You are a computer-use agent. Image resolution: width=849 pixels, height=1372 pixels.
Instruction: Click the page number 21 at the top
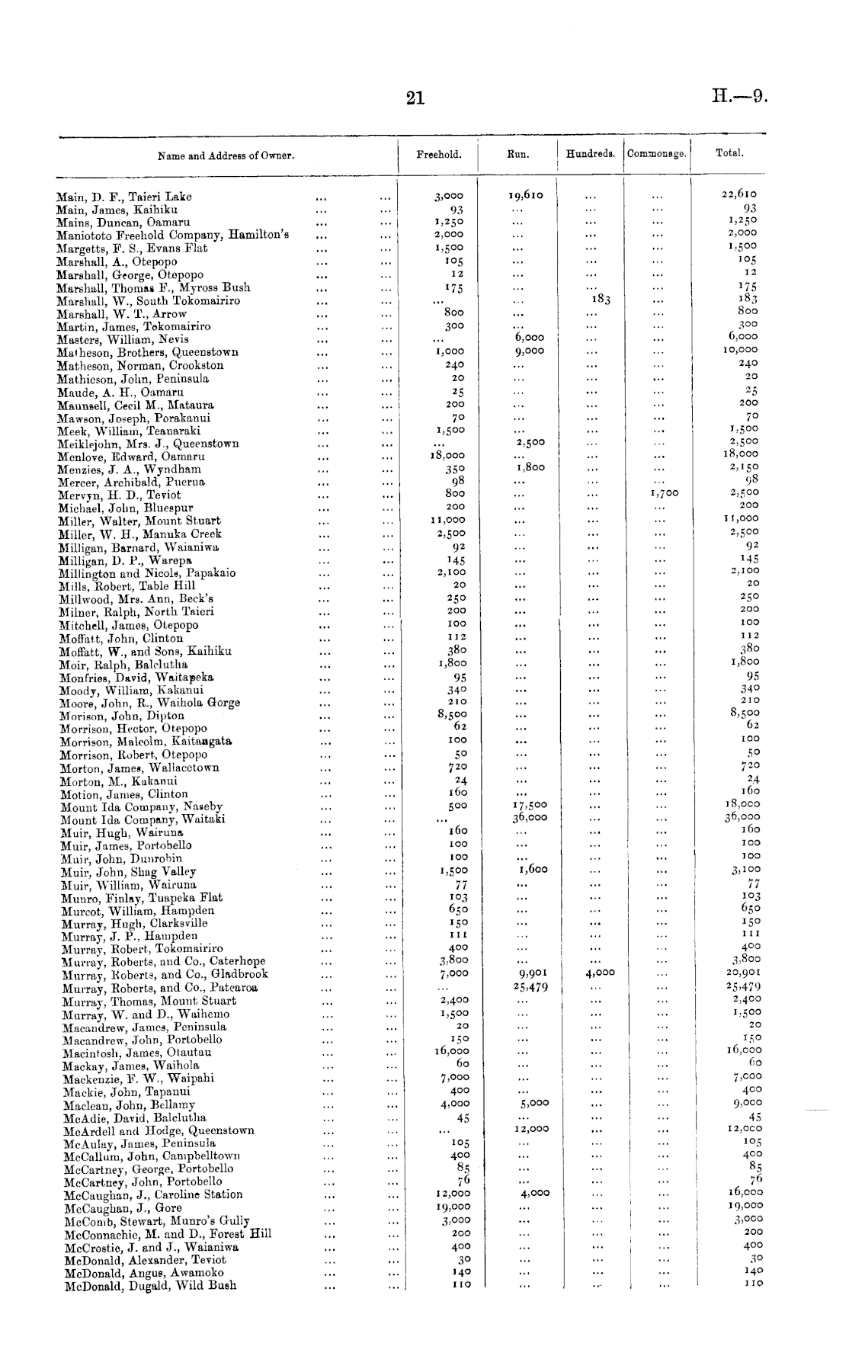click(415, 98)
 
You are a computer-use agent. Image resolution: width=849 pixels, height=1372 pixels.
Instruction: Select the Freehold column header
click(438, 155)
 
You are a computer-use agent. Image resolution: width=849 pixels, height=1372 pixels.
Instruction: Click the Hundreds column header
click(591, 154)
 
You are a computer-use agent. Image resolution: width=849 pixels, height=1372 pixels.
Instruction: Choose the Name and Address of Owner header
click(226, 156)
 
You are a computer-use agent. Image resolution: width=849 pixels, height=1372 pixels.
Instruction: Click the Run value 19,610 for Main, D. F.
click(526, 195)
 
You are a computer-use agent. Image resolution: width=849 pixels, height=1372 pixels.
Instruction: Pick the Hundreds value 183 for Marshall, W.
click(601, 300)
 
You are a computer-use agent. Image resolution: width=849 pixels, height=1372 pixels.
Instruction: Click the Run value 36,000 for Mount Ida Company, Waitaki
click(529, 818)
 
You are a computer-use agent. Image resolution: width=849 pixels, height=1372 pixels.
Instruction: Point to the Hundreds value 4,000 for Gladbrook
click(600, 973)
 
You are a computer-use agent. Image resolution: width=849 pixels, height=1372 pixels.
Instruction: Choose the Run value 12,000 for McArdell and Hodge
click(530, 1130)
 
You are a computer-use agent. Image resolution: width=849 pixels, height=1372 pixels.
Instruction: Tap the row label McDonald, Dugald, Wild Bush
click(150, 1286)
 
